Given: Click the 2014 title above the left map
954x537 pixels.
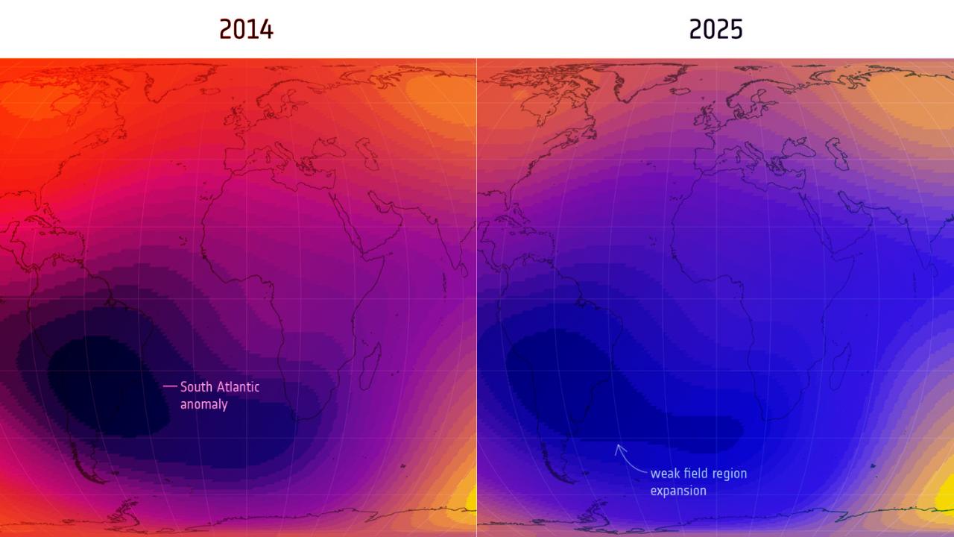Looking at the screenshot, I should tap(246, 29).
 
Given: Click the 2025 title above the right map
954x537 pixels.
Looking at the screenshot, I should tap(715, 29).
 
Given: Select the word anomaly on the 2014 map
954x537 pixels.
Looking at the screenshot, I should tap(203, 404).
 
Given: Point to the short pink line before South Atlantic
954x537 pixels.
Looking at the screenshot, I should tap(170, 386).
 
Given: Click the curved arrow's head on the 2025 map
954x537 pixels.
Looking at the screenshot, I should tap(618, 447).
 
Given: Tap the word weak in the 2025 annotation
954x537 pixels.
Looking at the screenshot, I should tap(665, 474).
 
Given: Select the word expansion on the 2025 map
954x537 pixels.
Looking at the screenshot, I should tap(678, 491).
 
